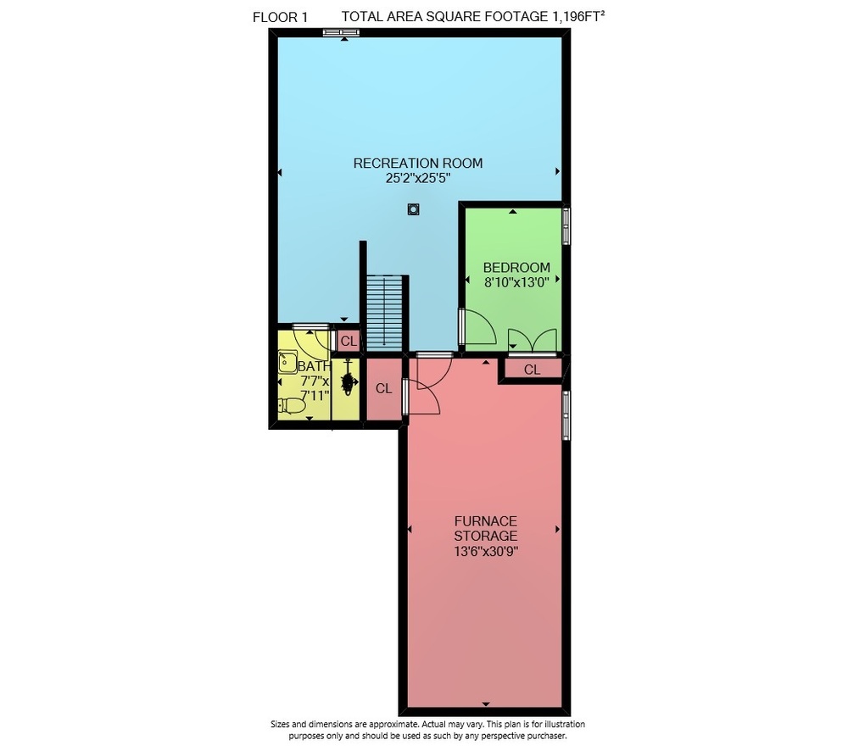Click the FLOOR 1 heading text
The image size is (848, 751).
(x=280, y=17)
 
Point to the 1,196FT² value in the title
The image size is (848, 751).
(x=577, y=16)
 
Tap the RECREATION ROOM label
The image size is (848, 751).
(x=417, y=163)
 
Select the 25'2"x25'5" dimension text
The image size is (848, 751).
(x=417, y=178)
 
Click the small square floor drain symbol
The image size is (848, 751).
(x=413, y=209)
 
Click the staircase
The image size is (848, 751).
(x=384, y=313)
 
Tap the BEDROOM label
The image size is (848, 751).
(x=516, y=267)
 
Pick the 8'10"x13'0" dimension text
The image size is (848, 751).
(x=516, y=281)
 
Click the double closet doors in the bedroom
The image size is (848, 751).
(x=533, y=341)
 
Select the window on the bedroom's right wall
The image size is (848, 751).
(x=566, y=226)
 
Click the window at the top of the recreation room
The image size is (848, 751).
(x=341, y=33)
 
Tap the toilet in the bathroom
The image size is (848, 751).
(x=292, y=405)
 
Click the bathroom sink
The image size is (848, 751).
(x=287, y=362)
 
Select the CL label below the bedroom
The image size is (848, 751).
(x=533, y=370)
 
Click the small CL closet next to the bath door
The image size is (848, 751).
(x=349, y=341)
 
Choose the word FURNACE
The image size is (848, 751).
(x=486, y=521)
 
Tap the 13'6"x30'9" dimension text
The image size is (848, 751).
(x=486, y=552)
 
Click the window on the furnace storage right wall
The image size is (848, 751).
(x=566, y=415)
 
